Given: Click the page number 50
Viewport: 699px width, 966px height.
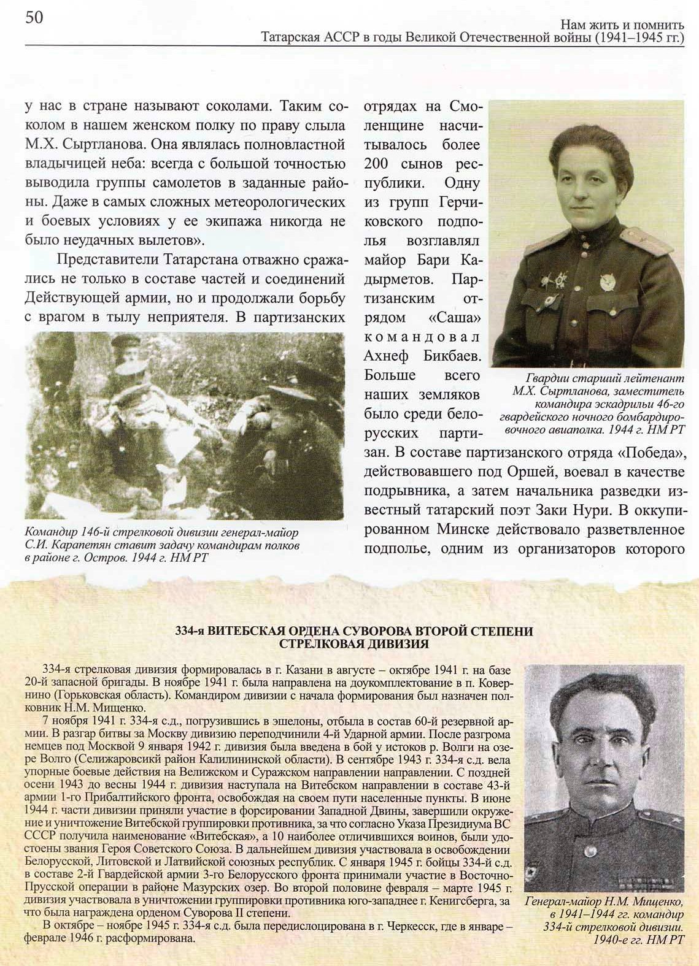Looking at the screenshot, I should pyautogui.click(x=34, y=18).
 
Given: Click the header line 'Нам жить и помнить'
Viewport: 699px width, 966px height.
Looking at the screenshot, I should pyautogui.click(x=622, y=25).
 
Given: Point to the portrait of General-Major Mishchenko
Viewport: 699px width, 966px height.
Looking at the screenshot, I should pyautogui.click(x=604, y=779).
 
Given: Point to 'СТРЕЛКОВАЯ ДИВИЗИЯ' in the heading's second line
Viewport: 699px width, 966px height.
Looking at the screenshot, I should pyautogui.click(x=353, y=643).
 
